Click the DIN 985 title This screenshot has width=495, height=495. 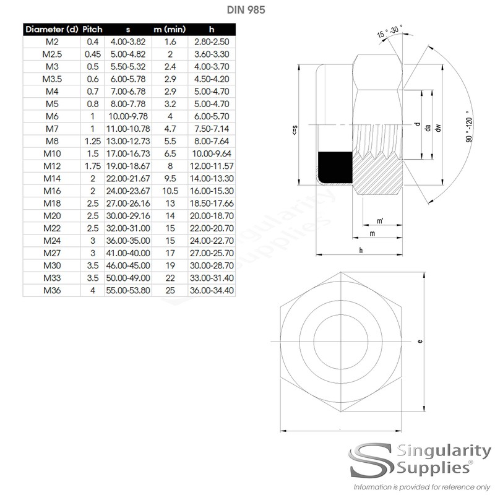pyautogui.click(x=247, y=11)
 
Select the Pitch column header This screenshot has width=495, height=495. pyautogui.click(x=93, y=29)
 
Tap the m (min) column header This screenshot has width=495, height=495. pyautogui.click(x=170, y=29)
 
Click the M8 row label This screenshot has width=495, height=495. pyautogui.click(x=51, y=140)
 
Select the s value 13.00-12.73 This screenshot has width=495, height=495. pyautogui.click(x=127, y=140)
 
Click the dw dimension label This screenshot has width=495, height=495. pyautogui.click(x=437, y=127)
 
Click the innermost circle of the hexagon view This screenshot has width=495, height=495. pyautogui.click(x=340, y=342)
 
